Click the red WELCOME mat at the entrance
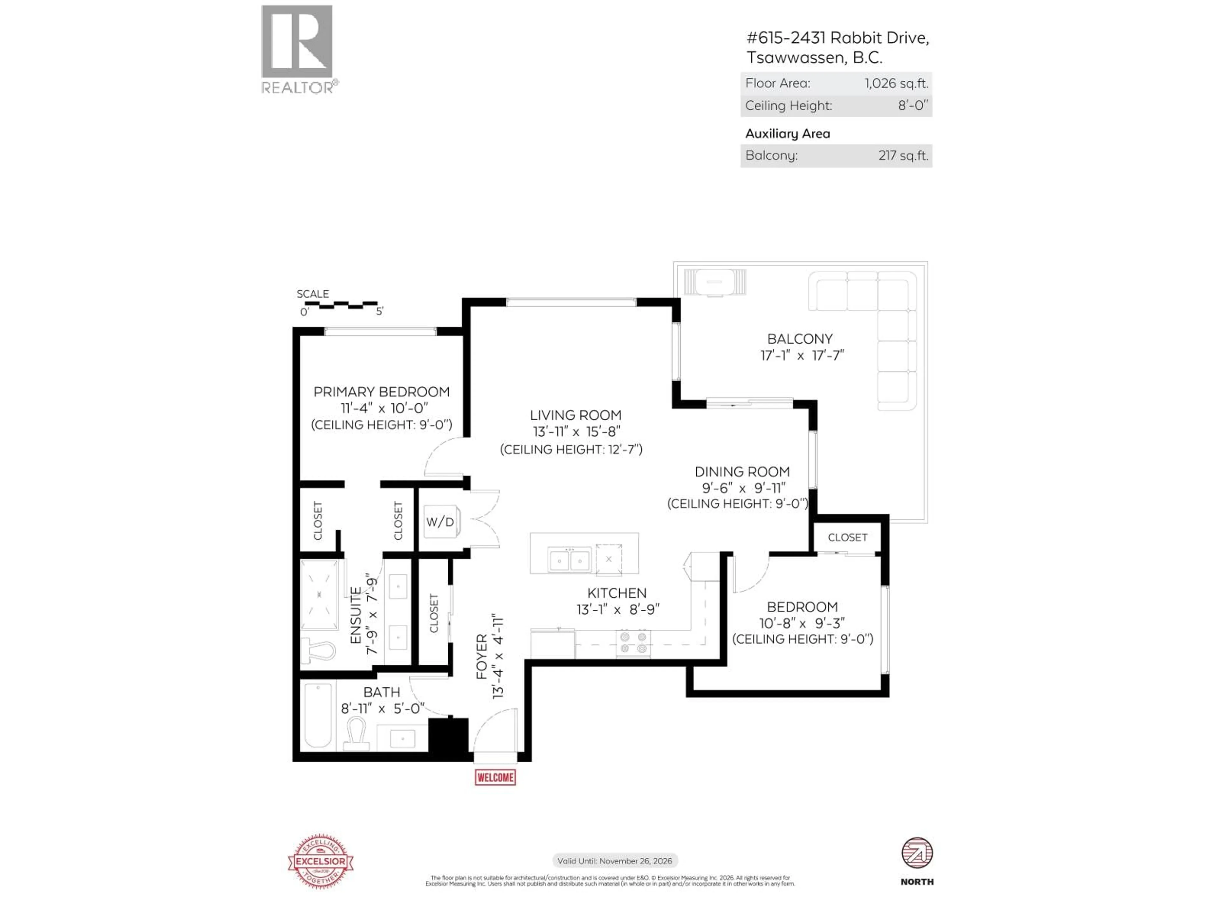click(495, 777)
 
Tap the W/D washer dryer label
click(440, 522)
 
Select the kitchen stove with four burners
click(633, 643)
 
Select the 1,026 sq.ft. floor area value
click(896, 83)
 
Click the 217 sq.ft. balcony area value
click(903, 156)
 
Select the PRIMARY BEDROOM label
click(382, 392)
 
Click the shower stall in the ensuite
click(319, 595)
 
